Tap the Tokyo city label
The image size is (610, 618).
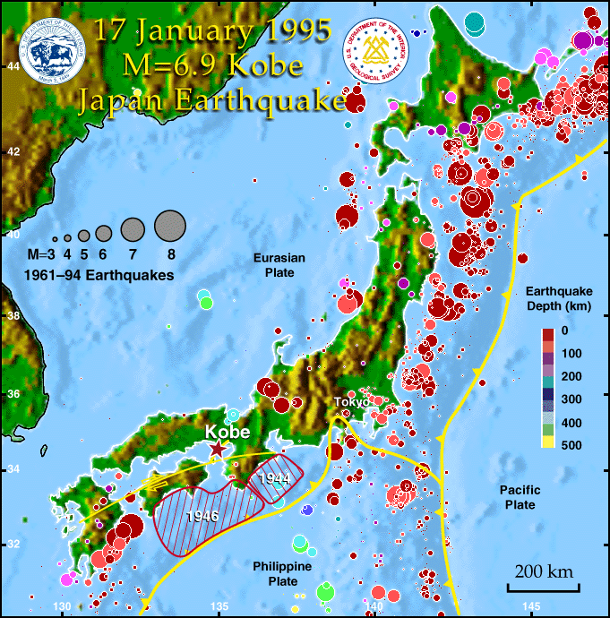(350, 403)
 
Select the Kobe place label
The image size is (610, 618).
(228, 431)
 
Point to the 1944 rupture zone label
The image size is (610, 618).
(273, 480)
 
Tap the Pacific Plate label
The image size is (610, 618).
(518, 498)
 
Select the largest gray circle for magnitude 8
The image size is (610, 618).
(168, 226)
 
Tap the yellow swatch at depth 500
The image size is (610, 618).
(547, 441)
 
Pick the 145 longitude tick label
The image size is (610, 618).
(531, 608)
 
